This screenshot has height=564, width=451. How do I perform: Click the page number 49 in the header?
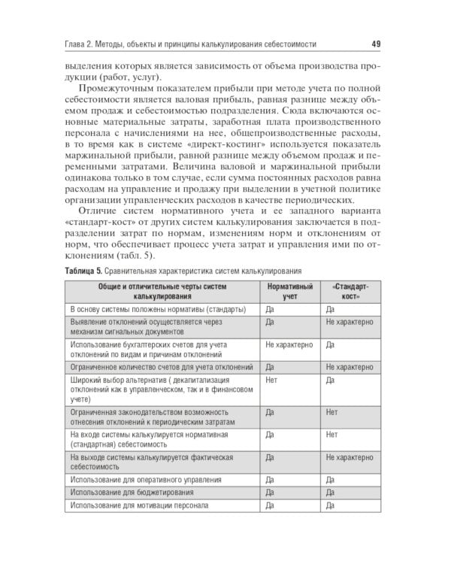point(376,44)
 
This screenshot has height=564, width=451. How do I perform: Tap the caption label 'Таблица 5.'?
point(88,271)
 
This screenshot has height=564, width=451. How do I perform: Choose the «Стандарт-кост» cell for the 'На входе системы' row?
point(332,435)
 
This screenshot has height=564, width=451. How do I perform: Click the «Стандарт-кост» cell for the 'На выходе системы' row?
point(350,457)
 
